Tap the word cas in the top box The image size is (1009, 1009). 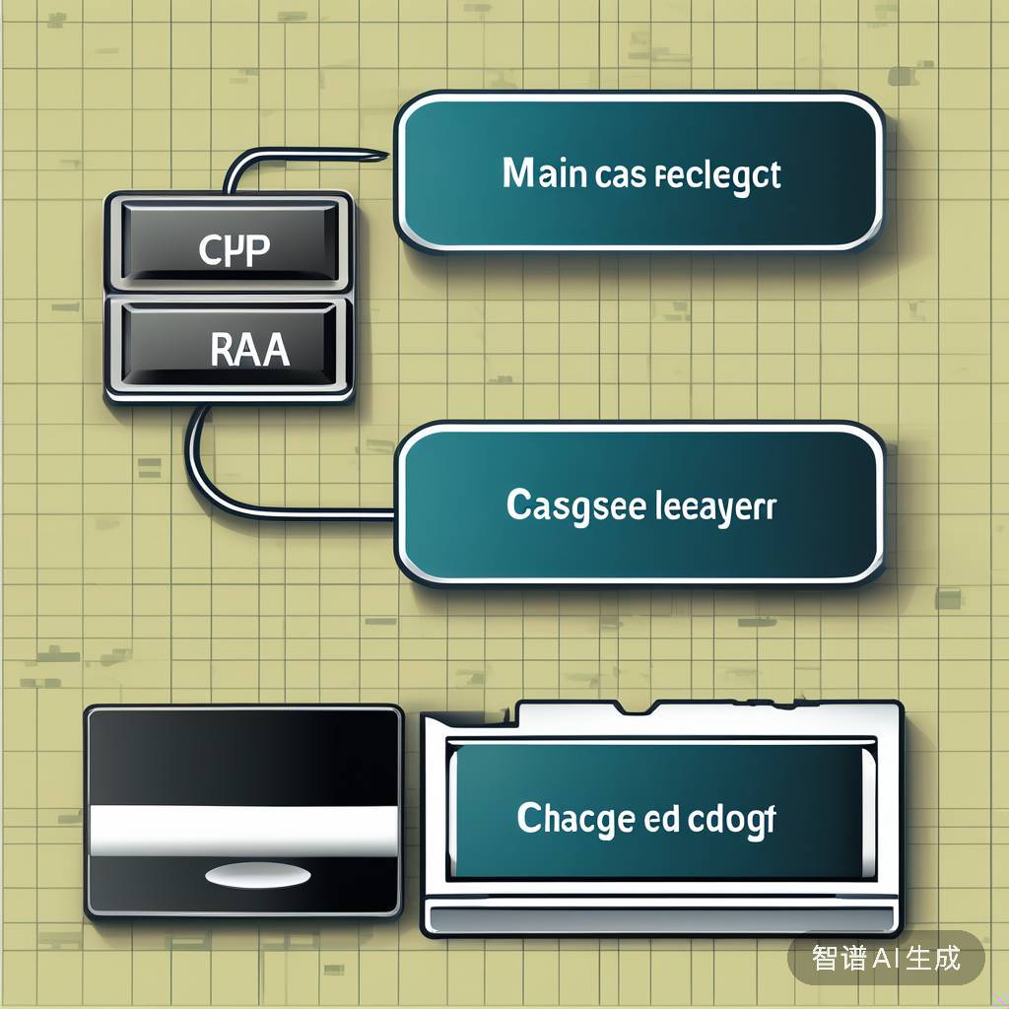point(620,176)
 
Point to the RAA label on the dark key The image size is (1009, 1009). point(249,351)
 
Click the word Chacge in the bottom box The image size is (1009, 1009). point(575,819)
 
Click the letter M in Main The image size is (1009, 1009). point(518,174)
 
